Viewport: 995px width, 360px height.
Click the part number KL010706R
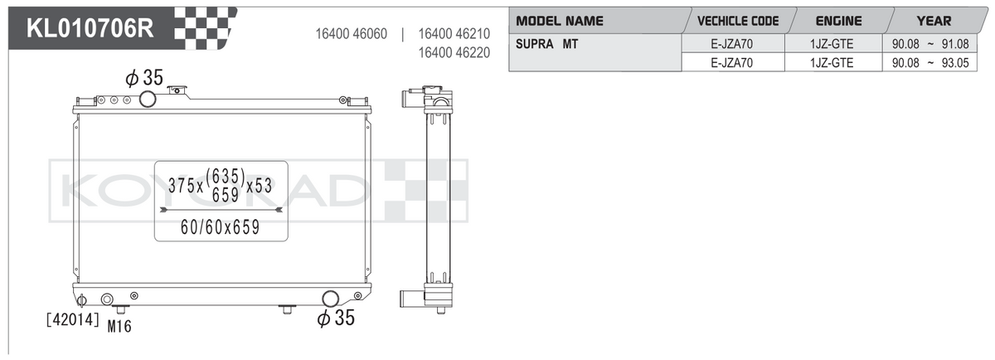click(x=90, y=28)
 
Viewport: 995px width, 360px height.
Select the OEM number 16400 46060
click(x=351, y=34)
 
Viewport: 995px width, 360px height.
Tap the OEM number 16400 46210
click(x=454, y=34)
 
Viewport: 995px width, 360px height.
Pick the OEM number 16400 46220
click(x=454, y=52)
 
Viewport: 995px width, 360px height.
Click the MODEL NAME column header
click(x=559, y=21)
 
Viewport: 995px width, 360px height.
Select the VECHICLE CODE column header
click(x=738, y=21)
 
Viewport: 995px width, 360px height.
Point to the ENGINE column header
click(x=838, y=21)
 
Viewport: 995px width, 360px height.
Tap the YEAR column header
click(x=934, y=21)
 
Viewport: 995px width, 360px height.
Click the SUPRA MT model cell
click(x=546, y=44)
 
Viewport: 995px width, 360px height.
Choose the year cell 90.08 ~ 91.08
click(x=930, y=44)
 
